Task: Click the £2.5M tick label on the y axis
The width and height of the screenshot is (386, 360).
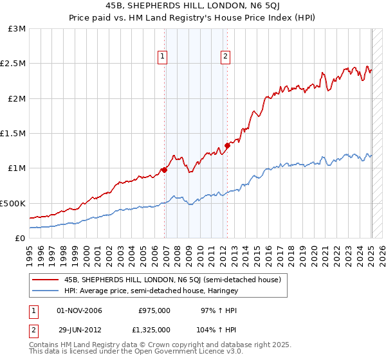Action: (x=13, y=64)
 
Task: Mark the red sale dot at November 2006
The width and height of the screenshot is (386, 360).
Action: (x=164, y=170)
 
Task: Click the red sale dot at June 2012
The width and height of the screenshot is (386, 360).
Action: (x=227, y=145)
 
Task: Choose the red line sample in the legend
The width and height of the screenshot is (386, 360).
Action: (x=45, y=280)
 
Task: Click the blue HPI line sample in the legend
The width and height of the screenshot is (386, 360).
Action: (x=45, y=291)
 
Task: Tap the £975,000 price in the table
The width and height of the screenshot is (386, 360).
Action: (x=154, y=310)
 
